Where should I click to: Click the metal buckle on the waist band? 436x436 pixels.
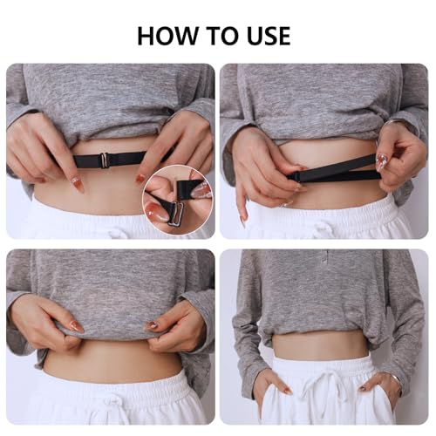104,159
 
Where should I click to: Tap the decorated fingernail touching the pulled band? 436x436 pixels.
381,160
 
